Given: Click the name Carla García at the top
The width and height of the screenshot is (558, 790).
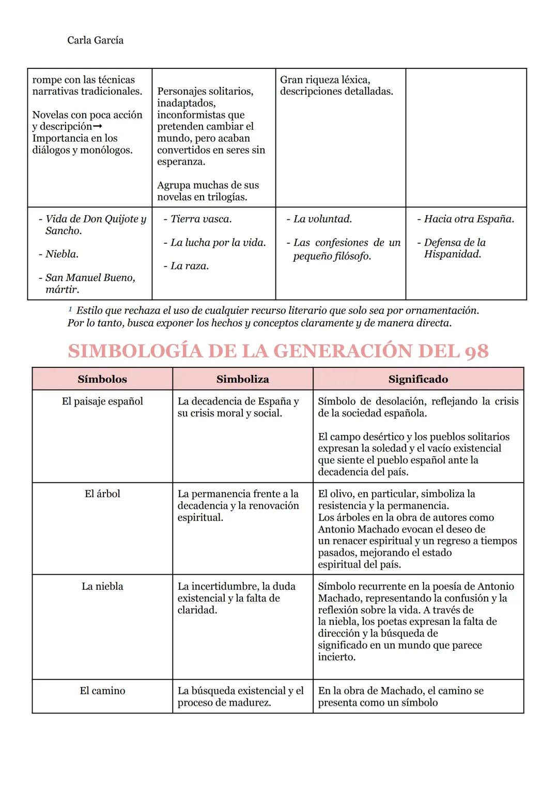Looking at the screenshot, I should tap(95, 40).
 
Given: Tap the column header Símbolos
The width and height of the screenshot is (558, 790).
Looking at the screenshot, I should tap(102, 379).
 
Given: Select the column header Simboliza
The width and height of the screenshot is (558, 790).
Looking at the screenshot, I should tap(242, 379).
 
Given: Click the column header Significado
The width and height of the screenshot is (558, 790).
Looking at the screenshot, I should tap(418, 379).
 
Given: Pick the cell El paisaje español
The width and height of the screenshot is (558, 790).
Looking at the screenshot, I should tap(102, 401).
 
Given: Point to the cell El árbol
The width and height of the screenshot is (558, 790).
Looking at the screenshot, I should tap(102, 494).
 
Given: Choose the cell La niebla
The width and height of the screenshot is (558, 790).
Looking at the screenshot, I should tap(102, 587).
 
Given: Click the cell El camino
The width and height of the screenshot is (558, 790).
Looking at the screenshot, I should tap(102, 691).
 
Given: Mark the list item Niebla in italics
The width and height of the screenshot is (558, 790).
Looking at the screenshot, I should tap(61, 254).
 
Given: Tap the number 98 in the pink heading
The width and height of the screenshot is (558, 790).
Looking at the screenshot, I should tap(476, 352).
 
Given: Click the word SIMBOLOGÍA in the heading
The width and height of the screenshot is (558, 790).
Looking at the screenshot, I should tap(135, 351).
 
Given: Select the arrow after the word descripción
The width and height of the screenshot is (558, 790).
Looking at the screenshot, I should tap(98, 127).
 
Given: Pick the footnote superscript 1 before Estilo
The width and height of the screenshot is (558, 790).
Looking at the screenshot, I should tap(70, 309).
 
